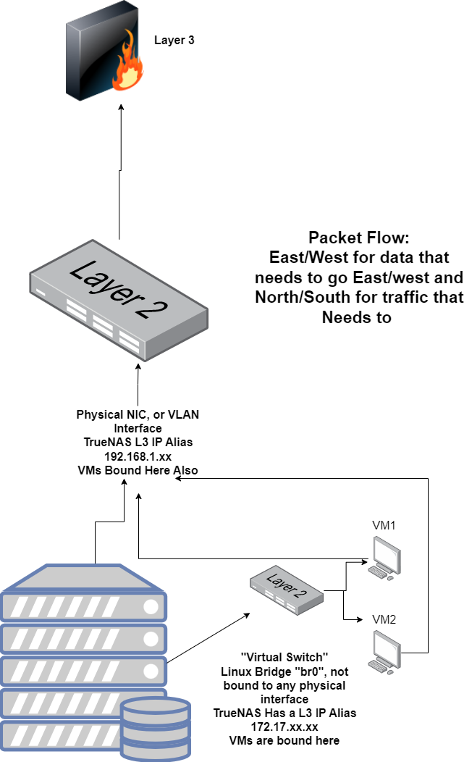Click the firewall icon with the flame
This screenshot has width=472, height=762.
coord(104,51)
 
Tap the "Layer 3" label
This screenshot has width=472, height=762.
coord(174,41)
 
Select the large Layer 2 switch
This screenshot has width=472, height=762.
coord(119,301)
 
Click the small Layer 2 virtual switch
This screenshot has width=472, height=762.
coord(287,590)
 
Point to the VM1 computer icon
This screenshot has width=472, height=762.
coord(385,558)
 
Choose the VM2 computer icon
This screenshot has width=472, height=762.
coord(385,652)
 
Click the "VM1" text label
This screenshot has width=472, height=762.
coord(384,525)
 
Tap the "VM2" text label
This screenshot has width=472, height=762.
coord(384,619)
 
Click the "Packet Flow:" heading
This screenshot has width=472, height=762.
coord(359,238)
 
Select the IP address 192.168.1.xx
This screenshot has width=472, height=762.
coord(138,456)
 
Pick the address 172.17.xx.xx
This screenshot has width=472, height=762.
coord(285,727)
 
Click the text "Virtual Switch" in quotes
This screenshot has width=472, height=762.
coord(285,658)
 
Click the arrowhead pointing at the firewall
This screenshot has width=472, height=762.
coord(122,107)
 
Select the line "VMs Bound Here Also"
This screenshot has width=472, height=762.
coord(138,470)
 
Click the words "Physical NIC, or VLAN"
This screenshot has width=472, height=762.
coord(138,414)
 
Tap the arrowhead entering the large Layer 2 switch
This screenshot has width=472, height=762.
coord(138,368)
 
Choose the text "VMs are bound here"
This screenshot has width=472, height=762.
coord(285,740)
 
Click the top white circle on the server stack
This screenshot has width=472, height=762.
coord(151,607)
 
